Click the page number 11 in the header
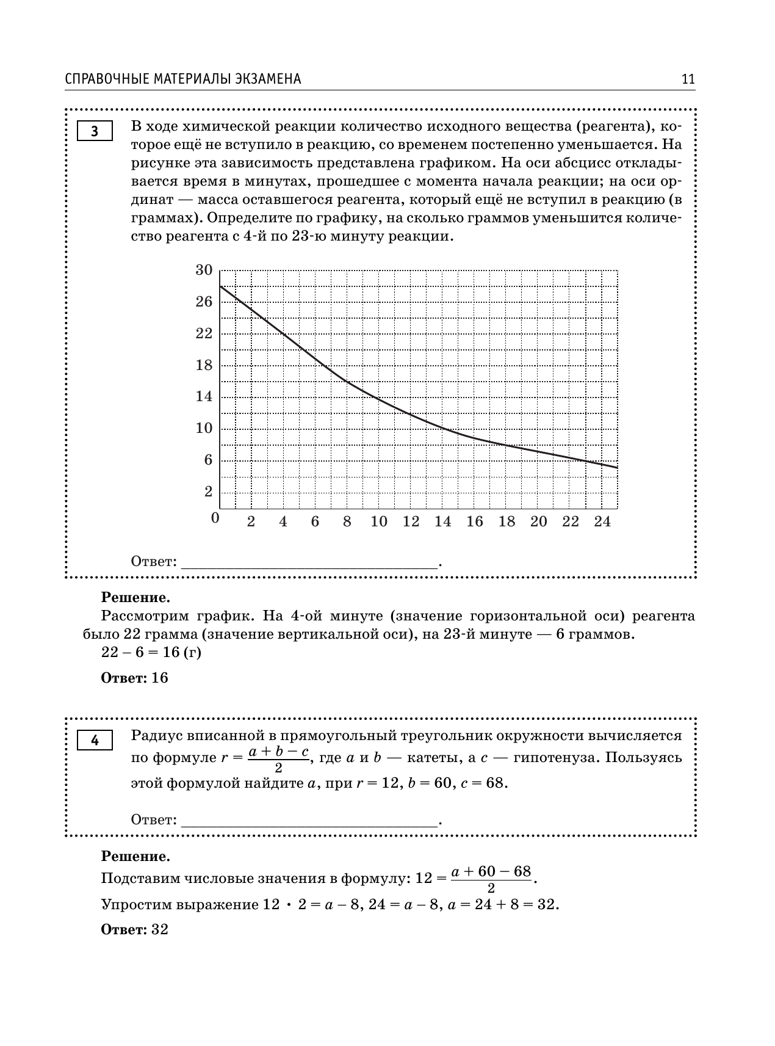point(688,79)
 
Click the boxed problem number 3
point(95,132)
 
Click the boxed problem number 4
point(95,741)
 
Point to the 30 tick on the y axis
point(204,270)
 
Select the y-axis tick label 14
point(204,396)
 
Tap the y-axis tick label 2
point(208,492)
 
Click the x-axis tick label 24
point(602,521)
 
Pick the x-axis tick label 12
point(411,521)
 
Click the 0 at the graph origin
point(215,518)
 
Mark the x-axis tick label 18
point(506,521)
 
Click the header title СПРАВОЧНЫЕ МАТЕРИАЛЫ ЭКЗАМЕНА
point(183,79)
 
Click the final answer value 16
point(160,678)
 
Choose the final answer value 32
point(160,929)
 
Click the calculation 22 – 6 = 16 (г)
point(151,653)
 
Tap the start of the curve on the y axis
point(220,286)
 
